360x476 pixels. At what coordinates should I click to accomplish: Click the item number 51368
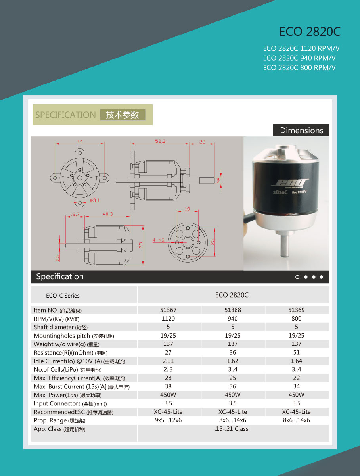[233, 310]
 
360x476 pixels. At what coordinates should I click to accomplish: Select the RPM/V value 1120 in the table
[168, 319]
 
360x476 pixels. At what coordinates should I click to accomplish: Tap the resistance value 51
[297, 352]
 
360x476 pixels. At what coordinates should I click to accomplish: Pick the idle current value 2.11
[168, 361]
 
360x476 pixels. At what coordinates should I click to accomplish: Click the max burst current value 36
[233, 386]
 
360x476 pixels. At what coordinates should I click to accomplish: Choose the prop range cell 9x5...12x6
[168, 420]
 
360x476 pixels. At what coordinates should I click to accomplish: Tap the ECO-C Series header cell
[63, 296]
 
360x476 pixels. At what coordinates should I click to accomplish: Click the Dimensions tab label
[301, 131]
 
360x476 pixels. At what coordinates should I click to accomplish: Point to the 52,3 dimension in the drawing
[161, 141]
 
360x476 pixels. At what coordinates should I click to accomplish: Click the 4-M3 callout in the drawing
[158, 240]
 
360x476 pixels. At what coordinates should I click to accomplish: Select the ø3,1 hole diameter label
[94, 200]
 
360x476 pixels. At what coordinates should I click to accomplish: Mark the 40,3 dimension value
[107, 214]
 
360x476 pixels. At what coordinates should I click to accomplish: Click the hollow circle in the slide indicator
[297, 277]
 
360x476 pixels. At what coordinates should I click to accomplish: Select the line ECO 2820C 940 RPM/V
[299, 58]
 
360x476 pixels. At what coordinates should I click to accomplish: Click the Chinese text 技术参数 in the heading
[123, 115]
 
